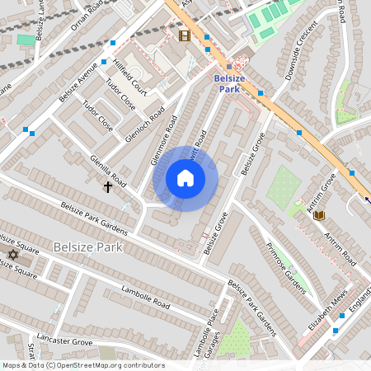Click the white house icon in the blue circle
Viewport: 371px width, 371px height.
point(185,178)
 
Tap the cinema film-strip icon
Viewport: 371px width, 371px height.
point(184,35)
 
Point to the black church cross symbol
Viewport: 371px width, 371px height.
point(107,187)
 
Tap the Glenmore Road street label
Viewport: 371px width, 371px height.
point(164,141)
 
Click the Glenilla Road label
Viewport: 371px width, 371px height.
point(109,170)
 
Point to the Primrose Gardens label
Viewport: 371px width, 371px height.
point(286,268)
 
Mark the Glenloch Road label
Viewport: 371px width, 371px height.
point(145,124)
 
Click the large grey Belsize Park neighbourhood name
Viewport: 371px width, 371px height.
point(87,247)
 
